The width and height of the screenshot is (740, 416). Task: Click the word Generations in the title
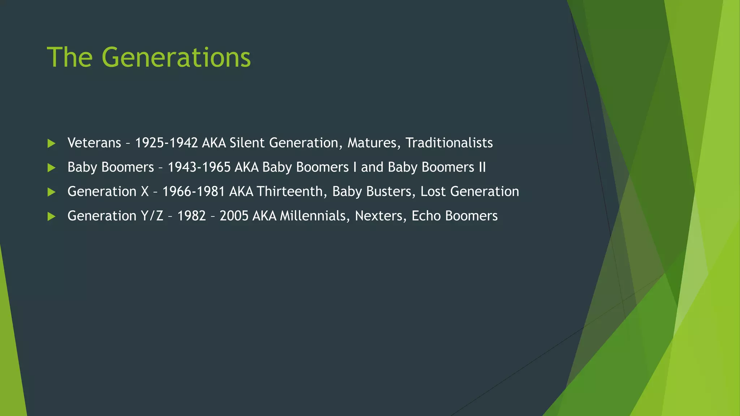[176, 57]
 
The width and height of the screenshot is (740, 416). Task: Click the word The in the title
[70, 57]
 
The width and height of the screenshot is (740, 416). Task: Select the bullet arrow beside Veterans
[52, 143]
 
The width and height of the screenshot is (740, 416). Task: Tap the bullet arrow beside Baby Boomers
[52, 168]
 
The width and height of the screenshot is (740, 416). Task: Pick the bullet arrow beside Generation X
[52, 192]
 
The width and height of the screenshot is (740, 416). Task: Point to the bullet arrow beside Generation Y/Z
[52, 216]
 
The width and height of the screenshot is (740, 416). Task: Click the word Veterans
[94, 143]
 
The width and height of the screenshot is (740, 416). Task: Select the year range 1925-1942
[166, 143]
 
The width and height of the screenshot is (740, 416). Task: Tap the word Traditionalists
[449, 143]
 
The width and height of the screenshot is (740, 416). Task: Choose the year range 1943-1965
[199, 167]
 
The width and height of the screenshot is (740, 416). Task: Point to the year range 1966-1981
[194, 191]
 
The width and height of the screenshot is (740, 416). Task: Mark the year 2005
[234, 216]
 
